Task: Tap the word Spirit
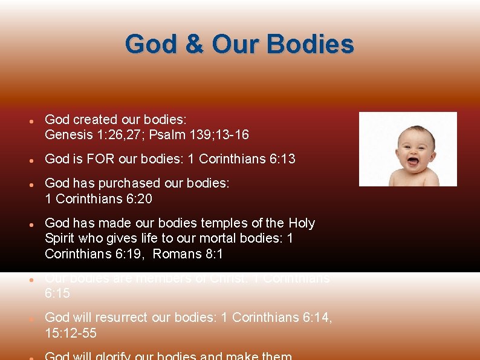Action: coord(59,238)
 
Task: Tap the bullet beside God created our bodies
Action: coord(30,120)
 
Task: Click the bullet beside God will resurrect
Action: coord(30,318)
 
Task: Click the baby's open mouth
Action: coord(414,161)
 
